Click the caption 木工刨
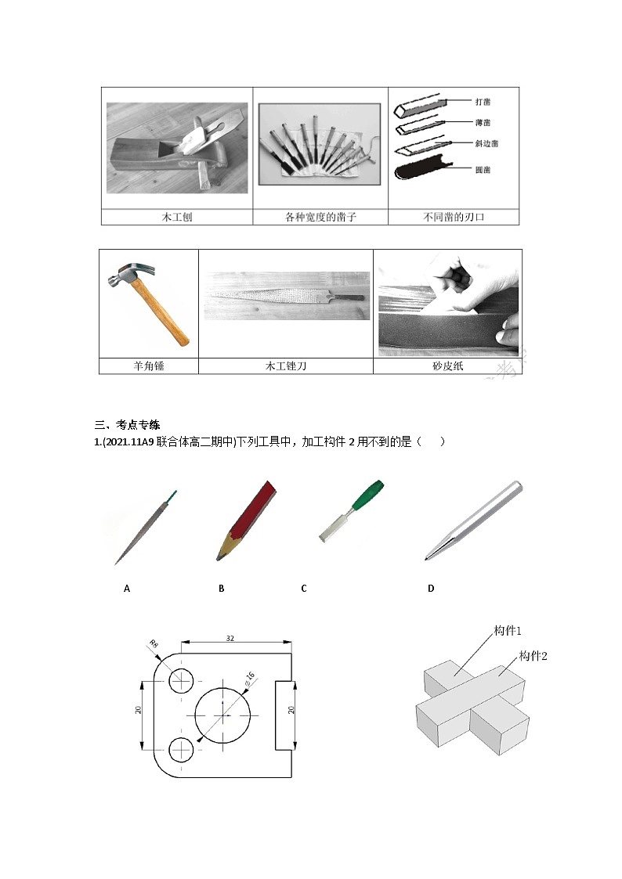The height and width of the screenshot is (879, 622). (x=176, y=217)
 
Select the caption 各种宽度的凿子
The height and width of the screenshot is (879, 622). (x=320, y=217)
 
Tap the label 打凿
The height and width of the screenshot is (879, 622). (x=483, y=102)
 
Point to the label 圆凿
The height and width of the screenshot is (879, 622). (x=483, y=168)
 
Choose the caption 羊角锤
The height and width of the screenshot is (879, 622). (x=148, y=366)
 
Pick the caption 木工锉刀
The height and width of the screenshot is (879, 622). (x=285, y=366)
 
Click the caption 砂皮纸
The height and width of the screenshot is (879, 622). (x=447, y=366)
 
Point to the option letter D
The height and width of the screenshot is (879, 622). (x=430, y=588)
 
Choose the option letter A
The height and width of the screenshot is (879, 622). (x=126, y=588)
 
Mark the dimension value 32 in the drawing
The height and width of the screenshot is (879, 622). (x=230, y=638)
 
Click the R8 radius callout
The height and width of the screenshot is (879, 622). (x=154, y=646)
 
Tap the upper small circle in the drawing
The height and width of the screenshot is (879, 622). (x=182, y=681)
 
